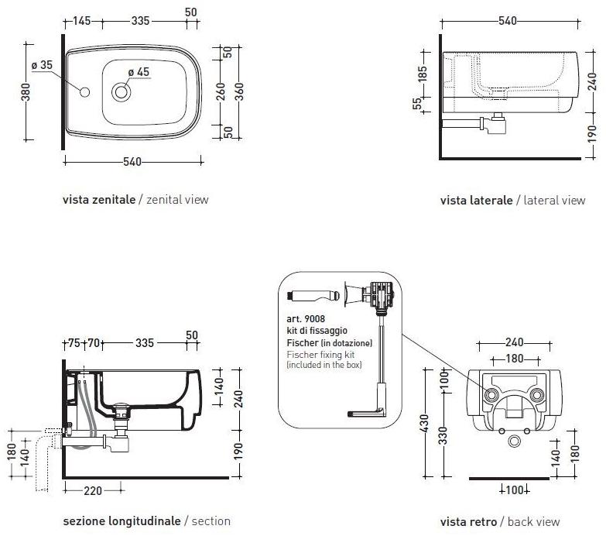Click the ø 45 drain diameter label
[139, 73]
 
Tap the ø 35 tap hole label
[42, 66]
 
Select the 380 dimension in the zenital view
[26, 94]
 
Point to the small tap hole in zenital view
[84, 93]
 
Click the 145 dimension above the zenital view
[84, 21]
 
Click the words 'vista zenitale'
[98, 199]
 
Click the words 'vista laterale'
[476, 200]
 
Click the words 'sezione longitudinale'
[121, 521]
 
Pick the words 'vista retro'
[467, 521]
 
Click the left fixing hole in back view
[491, 394]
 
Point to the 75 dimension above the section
[74, 343]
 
